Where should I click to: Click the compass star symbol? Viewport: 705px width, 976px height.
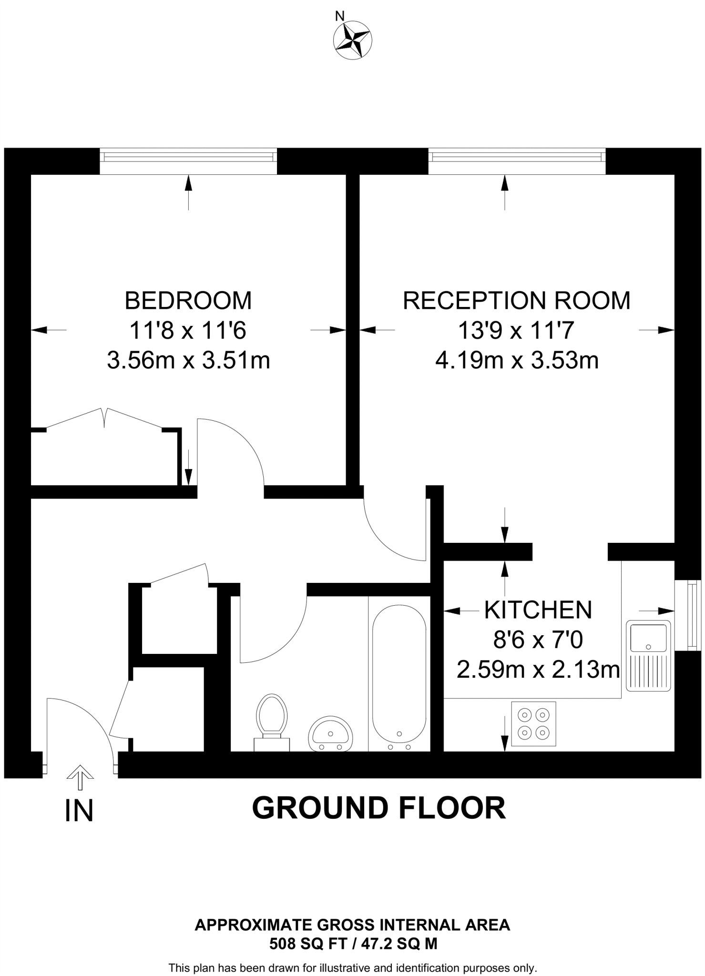(x=352, y=40)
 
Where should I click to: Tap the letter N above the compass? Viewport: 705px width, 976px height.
(x=339, y=16)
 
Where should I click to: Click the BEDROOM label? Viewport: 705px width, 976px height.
(x=188, y=301)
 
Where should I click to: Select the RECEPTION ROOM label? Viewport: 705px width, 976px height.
(x=516, y=301)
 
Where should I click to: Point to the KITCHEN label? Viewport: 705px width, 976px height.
(x=538, y=610)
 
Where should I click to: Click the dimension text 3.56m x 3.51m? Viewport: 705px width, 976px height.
(x=188, y=360)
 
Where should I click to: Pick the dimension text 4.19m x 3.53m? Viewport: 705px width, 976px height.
(x=517, y=360)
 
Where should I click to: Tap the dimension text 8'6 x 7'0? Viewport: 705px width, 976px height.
(x=538, y=640)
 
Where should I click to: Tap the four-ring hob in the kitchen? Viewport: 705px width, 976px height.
(x=533, y=723)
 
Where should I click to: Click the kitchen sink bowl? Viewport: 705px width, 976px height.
(x=648, y=638)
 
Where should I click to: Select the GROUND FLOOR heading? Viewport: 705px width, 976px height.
(x=378, y=808)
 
